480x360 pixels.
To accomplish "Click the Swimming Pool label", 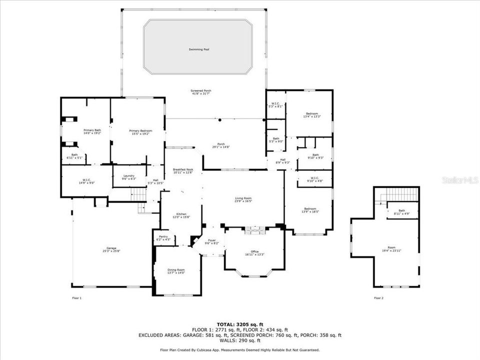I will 199,49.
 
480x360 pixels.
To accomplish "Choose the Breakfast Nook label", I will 183,170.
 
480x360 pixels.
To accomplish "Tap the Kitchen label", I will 181,214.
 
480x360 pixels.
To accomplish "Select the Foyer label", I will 212,240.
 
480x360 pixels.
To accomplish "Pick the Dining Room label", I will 176,269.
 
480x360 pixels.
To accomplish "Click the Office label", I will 255,251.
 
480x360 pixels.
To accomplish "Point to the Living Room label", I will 243,199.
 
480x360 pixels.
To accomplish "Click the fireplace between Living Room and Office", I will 255,230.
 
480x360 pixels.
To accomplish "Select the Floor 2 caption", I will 378,298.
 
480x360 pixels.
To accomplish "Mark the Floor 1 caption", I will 76,298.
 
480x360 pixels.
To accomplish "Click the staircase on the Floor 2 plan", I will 400,194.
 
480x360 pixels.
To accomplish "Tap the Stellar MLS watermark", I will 459,179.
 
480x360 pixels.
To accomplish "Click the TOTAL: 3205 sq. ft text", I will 240,324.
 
